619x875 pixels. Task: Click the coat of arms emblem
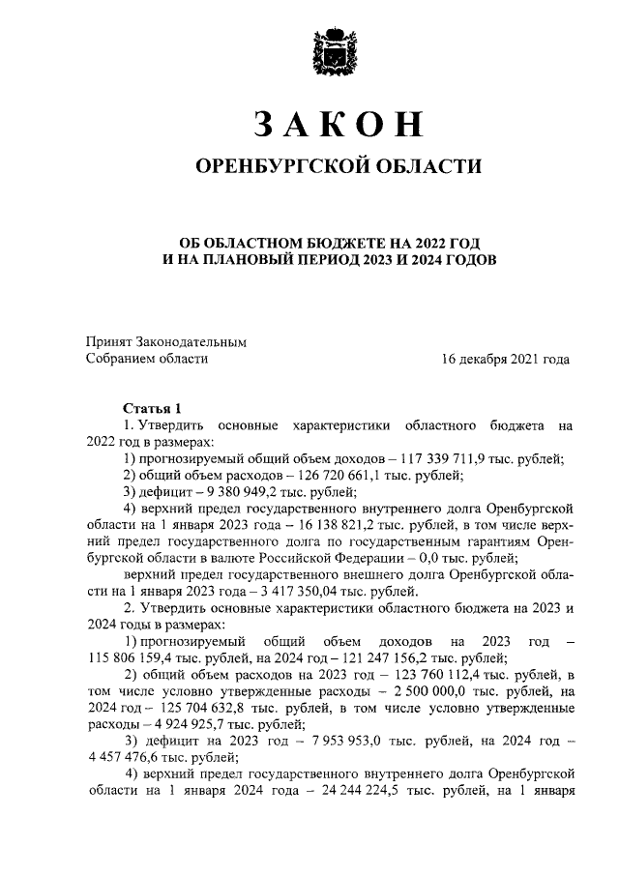(339, 52)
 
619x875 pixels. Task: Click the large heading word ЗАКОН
(339, 125)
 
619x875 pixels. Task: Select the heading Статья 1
(152, 407)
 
